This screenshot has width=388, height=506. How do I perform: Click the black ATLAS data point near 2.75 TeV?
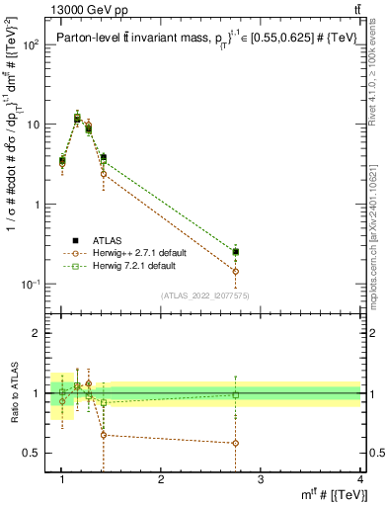(235, 252)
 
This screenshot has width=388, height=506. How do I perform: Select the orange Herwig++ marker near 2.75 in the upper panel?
(235, 271)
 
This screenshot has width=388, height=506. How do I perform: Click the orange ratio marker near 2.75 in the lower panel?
(235, 443)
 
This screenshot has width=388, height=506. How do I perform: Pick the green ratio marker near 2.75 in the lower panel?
(235, 395)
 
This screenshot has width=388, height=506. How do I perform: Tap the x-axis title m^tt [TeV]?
(336, 494)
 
